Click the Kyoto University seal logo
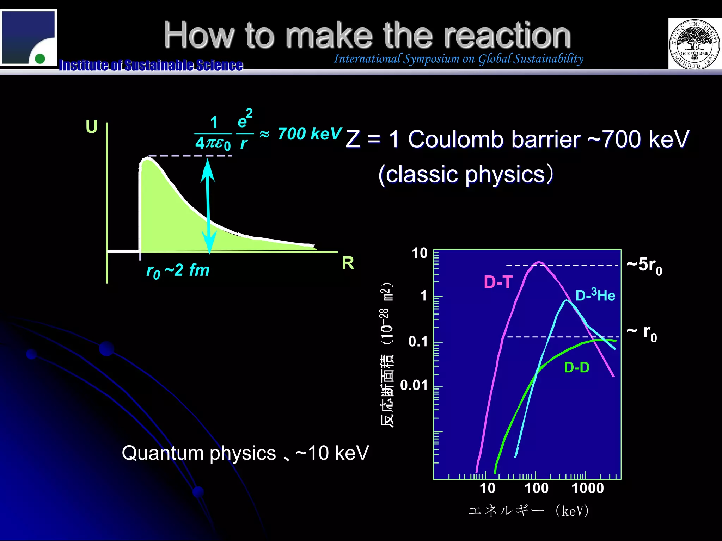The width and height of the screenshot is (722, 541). (694, 44)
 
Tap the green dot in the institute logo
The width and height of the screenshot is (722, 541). (40, 58)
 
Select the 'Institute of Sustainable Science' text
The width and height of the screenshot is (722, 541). (151, 65)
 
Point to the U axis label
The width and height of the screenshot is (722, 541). (91, 126)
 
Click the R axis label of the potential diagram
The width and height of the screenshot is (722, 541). (348, 263)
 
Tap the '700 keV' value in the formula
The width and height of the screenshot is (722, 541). (310, 134)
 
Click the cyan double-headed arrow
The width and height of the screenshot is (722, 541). (208, 206)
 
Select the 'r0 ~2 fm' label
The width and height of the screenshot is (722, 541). (178, 271)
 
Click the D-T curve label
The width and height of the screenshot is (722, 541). (498, 282)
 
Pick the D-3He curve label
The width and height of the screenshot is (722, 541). (595, 295)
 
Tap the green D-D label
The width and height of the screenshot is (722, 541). (577, 367)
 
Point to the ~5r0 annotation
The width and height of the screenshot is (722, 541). (644, 265)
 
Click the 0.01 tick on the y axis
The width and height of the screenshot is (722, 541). (414, 385)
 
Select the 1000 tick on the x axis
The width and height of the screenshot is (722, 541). (588, 488)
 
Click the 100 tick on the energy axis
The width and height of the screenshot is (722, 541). (537, 488)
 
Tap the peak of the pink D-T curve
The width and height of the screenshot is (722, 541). (539, 262)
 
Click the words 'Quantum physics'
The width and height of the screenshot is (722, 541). (198, 453)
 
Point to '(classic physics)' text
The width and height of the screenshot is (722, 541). (465, 174)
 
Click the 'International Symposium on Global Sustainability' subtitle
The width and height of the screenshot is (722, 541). (459, 59)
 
